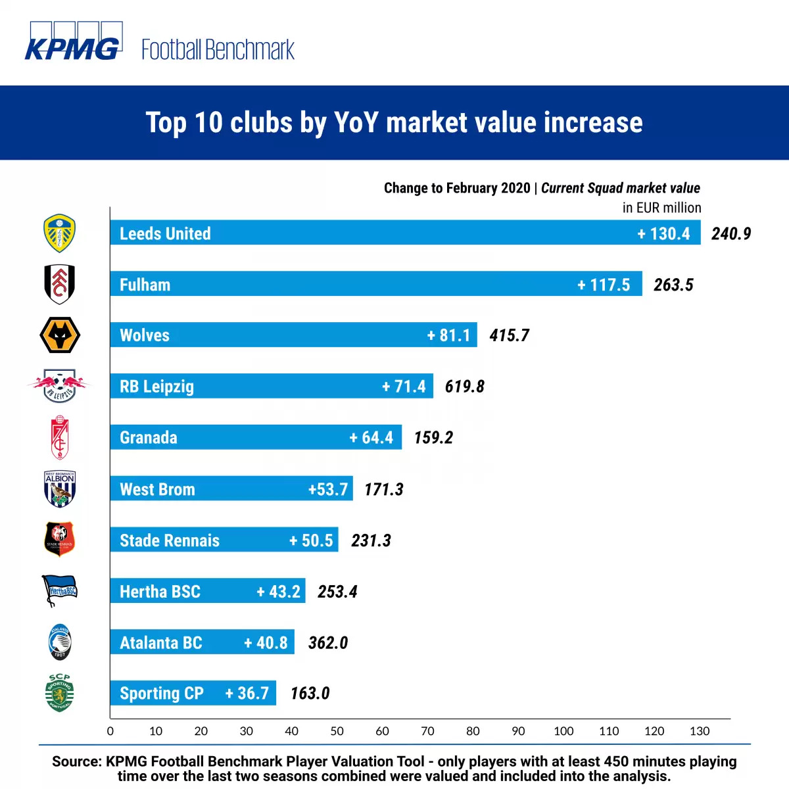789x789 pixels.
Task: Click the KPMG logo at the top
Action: click(x=72, y=43)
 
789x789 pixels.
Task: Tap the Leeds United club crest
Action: click(x=59, y=233)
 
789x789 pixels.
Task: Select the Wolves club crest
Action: click(x=60, y=335)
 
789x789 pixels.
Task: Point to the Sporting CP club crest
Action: click(x=59, y=693)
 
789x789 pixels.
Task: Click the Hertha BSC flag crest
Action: click(x=60, y=590)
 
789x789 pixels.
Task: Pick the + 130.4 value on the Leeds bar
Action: click(x=663, y=233)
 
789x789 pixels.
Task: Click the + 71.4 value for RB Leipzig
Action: click(x=404, y=387)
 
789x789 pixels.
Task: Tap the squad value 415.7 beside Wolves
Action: click(x=509, y=336)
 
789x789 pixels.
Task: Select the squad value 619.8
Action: click(x=464, y=387)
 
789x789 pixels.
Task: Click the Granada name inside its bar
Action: click(x=149, y=438)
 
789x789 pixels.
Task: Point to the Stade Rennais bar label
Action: click(x=170, y=540)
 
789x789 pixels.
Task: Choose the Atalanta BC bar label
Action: click(x=161, y=642)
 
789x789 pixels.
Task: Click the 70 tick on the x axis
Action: click(x=427, y=731)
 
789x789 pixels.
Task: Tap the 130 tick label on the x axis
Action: click(x=700, y=731)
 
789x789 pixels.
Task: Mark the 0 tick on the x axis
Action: click(x=110, y=731)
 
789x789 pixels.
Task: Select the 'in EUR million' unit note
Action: click(x=661, y=208)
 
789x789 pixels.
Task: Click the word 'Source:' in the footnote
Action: click(x=76, y=761)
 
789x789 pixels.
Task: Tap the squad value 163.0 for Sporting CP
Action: click(x=310, y=694)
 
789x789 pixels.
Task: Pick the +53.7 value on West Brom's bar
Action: click(x=328, y=489)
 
